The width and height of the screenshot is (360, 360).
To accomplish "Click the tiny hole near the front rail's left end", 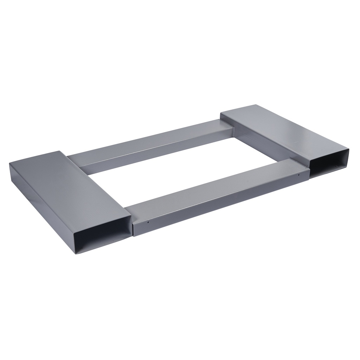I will [x=148, y=222].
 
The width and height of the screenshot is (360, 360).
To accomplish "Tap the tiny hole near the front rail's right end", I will [x=298, y=174].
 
